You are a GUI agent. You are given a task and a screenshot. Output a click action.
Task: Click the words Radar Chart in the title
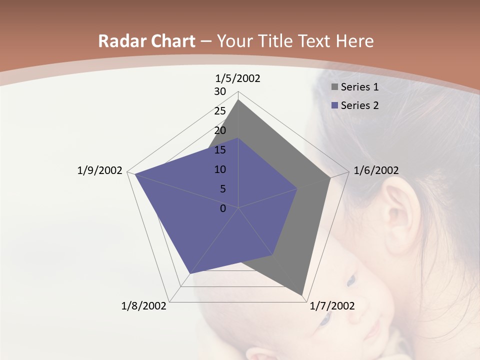[x=146, y=41]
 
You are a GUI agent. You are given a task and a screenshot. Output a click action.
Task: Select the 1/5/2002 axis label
[x=238, y=78]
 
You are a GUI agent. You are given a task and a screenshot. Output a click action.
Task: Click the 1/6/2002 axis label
[x=376, y=170]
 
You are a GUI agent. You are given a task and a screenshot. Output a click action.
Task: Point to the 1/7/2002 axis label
[x=332, y=306]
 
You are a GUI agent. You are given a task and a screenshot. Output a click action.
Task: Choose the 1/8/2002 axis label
[x=144, y=306]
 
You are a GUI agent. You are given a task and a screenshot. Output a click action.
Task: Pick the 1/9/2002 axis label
[x=99, y=170]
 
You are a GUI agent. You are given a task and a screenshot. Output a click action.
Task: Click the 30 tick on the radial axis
[x=220, y=91]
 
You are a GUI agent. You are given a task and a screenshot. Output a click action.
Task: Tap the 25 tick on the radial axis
[x=220, y=111]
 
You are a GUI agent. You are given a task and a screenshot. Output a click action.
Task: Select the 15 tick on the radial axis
[x=220, y=150]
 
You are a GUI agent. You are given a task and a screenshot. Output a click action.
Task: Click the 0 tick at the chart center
[x=223, y=208]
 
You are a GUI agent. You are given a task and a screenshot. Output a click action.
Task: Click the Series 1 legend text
[x=359, y=87]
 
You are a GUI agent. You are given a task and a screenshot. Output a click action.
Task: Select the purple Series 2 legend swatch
[x=334, y=105]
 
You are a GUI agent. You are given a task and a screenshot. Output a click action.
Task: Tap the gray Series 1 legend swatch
[x=334, y=87]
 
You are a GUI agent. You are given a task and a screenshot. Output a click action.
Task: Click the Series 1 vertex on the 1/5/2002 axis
[x=238, y=99]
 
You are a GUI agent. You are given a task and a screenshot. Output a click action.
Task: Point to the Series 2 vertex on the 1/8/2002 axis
[x=189, y=274]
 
